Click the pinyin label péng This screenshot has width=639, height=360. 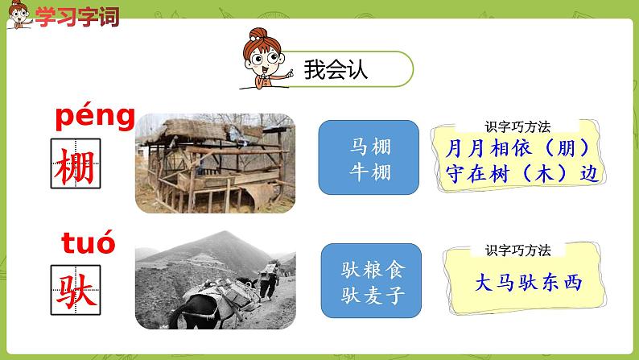[x=95, y=118]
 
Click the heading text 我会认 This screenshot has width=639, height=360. [x=336, y=69]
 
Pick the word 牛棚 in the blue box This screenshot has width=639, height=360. [x=369, y=170]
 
